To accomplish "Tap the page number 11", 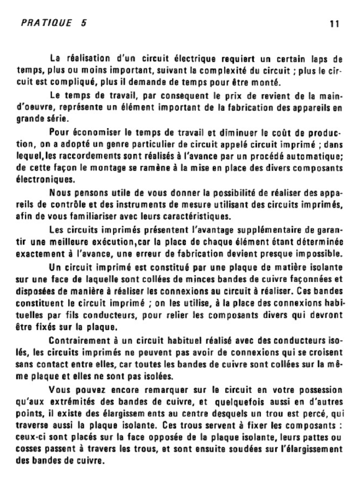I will pyautogui.click(x=333, y=24).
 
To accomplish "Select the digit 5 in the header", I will pyautogui.click(x=84, y=23).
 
